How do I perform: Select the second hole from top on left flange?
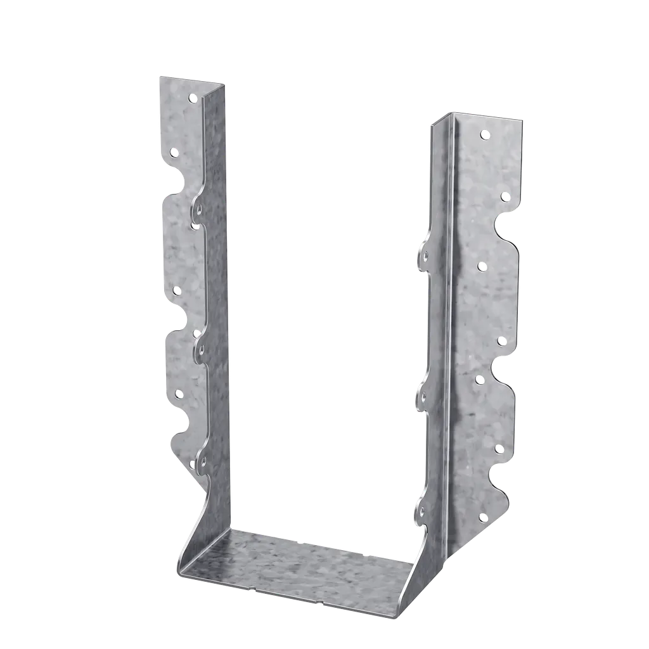(x=174, y=152)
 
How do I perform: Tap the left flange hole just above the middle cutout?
(x=176, y=290)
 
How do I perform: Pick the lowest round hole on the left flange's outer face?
(x=178, y=394)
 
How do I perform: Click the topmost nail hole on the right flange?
(x=485, y=134)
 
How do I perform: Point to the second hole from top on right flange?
(x=504, y=198)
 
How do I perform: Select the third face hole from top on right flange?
(x=481, y=265)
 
